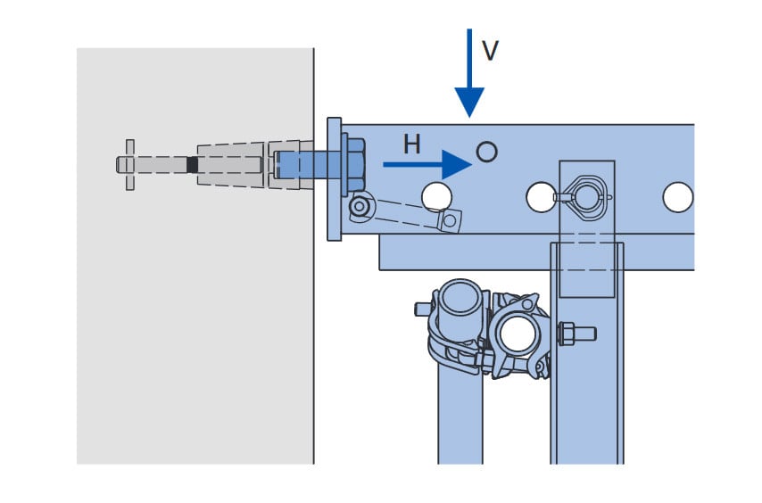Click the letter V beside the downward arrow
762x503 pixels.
click(x=491, y=50)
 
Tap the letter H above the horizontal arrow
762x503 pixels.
click(x=411, y=144)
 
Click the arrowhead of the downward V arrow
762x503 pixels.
click(x=469, y=102)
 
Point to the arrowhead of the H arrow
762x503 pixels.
click(x=457, y=164)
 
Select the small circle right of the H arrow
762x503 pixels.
click(x=487, y=152)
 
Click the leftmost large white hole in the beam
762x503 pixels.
click(x=437, y=196)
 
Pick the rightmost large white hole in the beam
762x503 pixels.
click(x=677, y=197)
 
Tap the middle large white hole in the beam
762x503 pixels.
click(x=542, y=197)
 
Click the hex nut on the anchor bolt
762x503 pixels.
click(x=356, y=165)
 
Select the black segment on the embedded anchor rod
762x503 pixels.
click(x=193, y=164)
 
